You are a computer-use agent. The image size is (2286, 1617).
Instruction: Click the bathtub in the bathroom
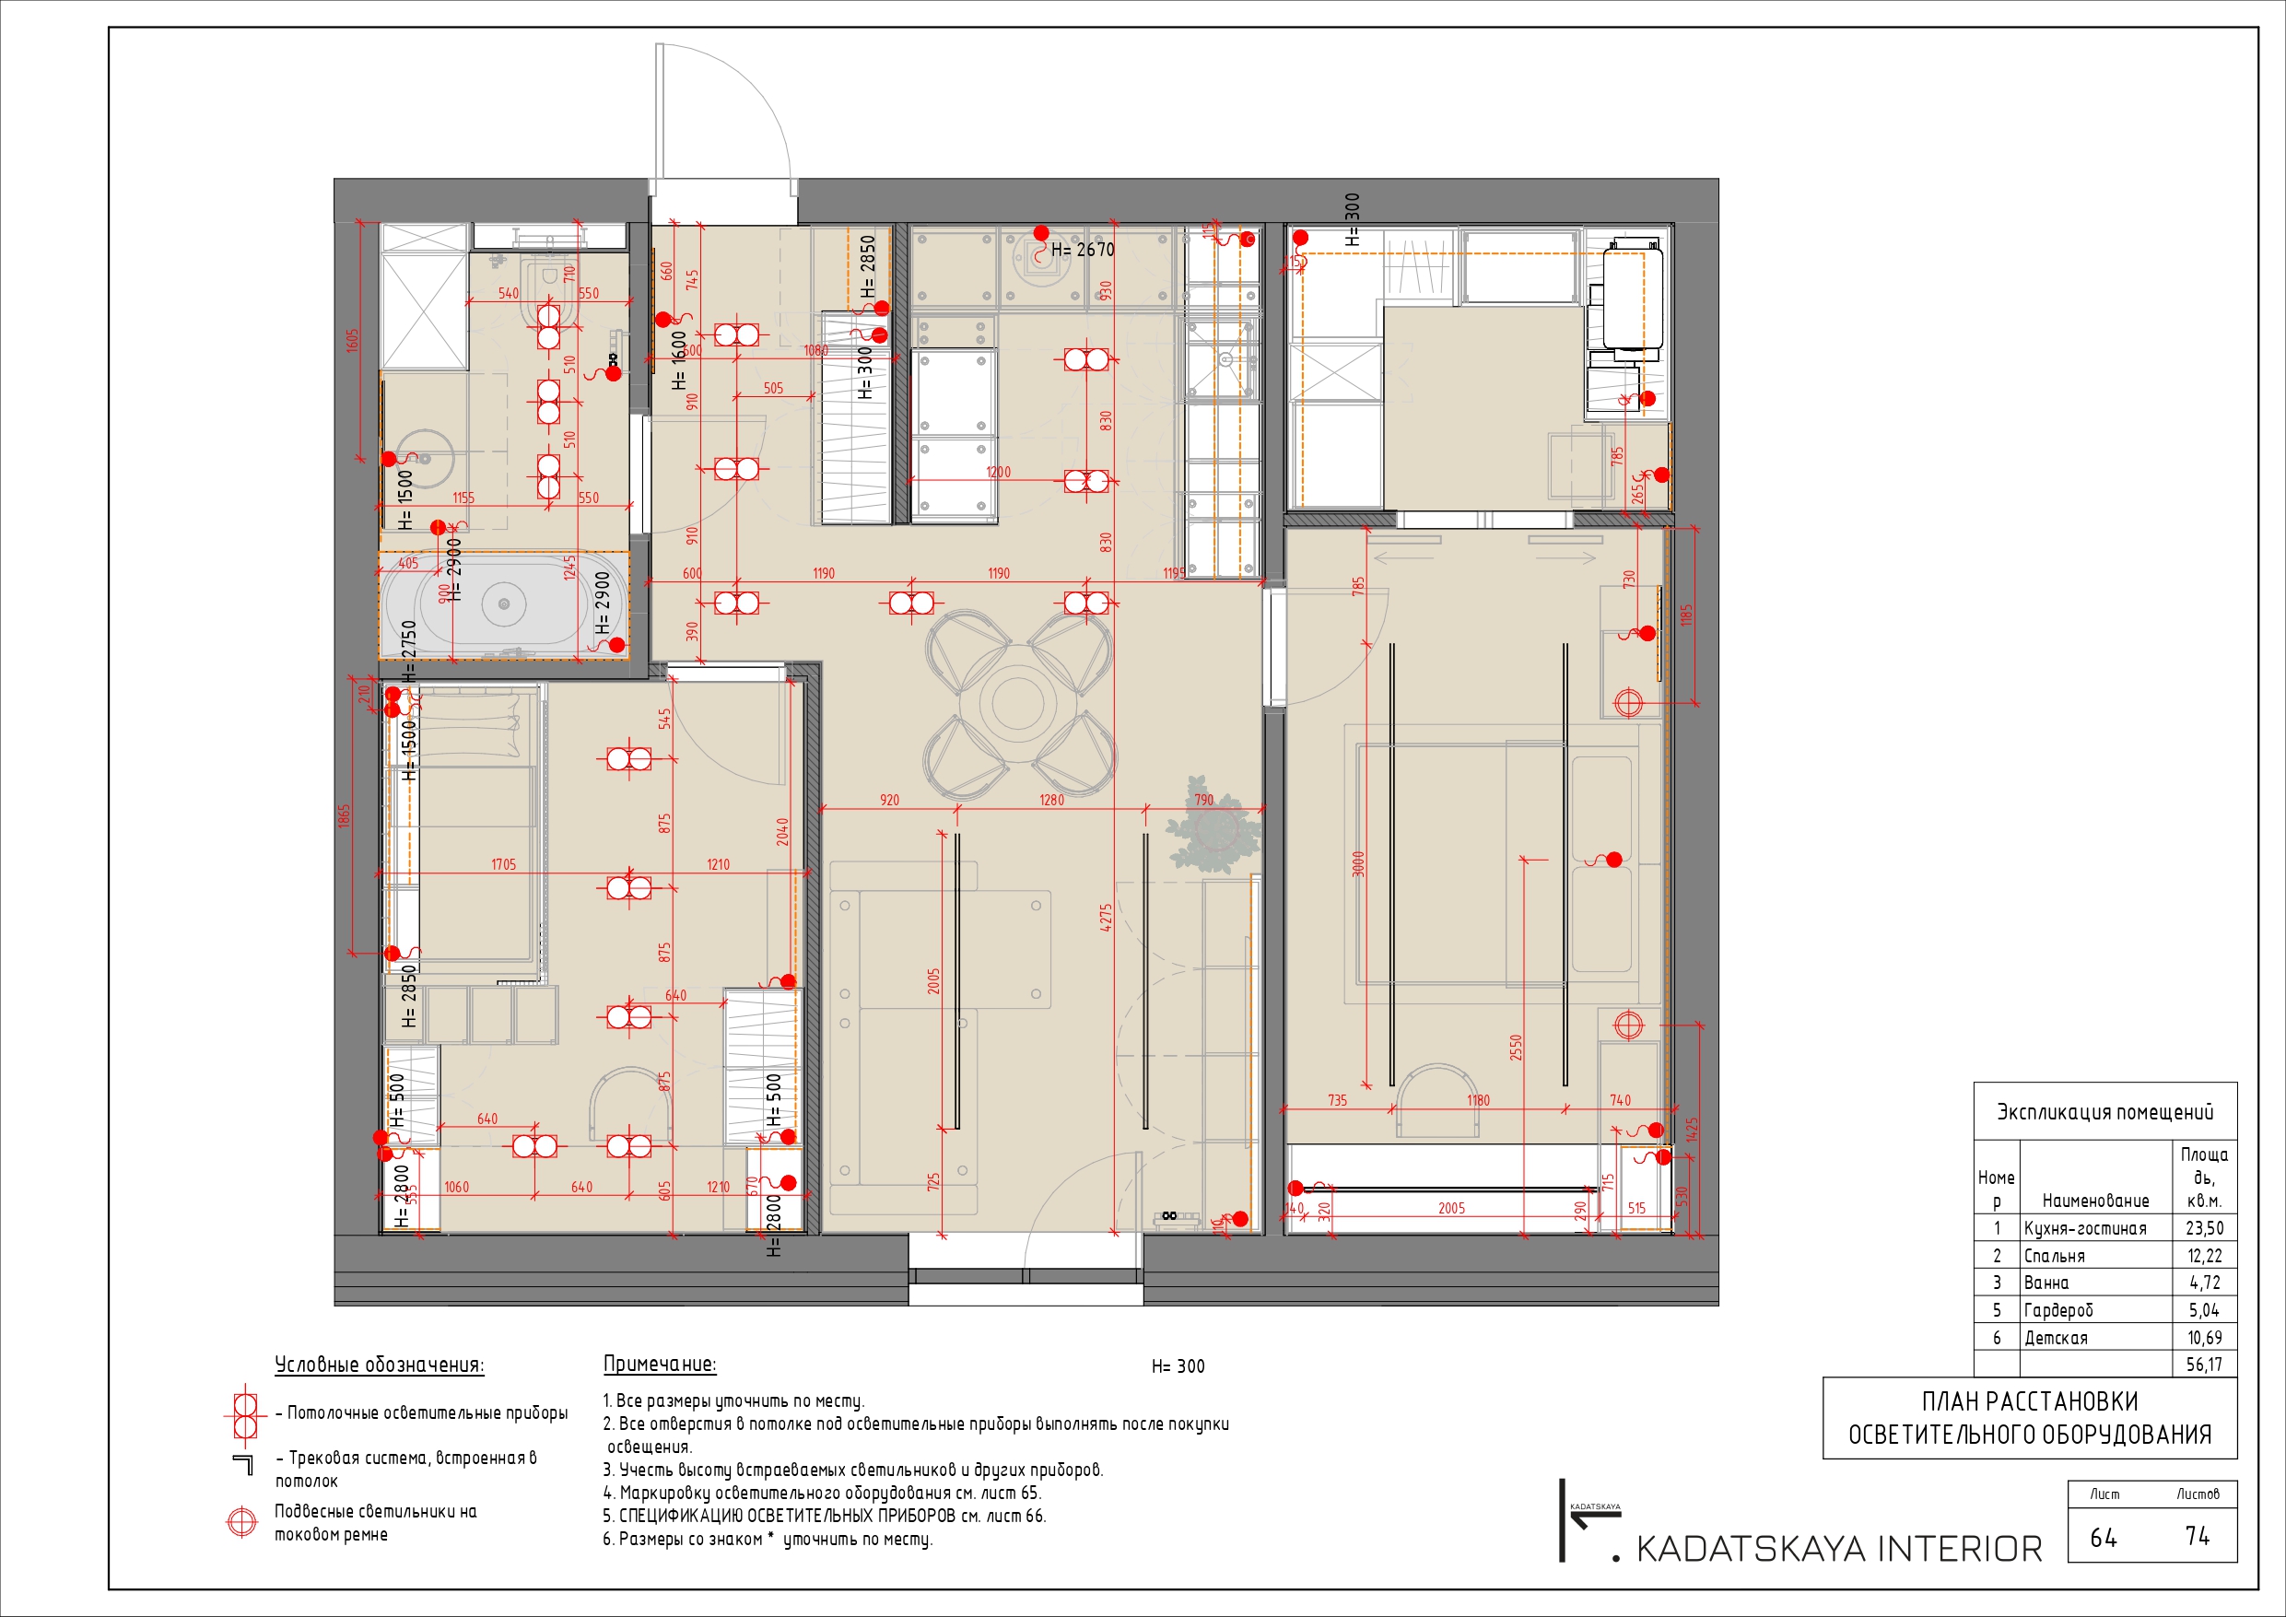(x=504, y=603)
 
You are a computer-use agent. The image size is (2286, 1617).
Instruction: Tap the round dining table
(x=1017, y=703)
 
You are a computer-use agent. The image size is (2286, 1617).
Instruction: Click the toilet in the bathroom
(x=545, y=288)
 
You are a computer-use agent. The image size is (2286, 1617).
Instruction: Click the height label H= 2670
(x=1083, y=250)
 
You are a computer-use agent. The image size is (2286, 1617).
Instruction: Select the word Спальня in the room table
(x=2054, y=1257)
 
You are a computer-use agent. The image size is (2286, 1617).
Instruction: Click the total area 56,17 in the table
(x=2203, y=1365)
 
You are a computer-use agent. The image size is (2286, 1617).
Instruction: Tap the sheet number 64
(x=2103, y=1539)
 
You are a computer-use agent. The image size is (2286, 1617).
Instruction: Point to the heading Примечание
(x=659, y=1365)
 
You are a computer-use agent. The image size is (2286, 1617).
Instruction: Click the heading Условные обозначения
(x=380, y=1365)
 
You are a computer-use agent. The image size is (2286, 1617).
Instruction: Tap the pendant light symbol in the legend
(x=242, y=1521)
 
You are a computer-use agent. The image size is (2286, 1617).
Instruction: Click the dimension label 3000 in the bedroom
(x=1358, y=863)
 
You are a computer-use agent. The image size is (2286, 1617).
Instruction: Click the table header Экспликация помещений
(x=2104, y=1112)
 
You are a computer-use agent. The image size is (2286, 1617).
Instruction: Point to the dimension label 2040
(x=782, y=831)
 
